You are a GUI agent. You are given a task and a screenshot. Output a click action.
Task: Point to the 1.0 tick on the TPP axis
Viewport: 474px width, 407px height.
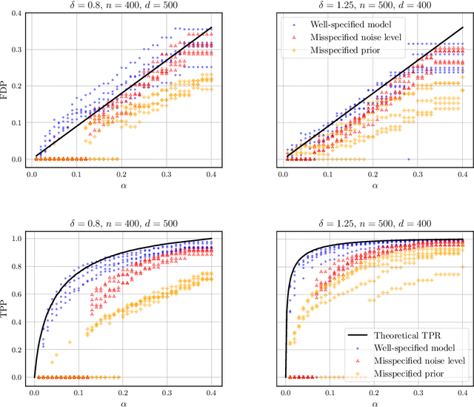19,239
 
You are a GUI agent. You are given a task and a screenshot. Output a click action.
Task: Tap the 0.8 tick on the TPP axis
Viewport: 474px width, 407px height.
19,266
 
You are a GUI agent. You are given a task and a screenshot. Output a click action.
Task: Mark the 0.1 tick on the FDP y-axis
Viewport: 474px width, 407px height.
19,122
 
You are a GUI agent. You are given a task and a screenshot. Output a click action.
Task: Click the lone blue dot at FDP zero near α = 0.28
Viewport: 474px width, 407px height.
408,159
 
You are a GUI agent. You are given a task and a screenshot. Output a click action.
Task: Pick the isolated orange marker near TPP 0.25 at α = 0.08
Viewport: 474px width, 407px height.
70,343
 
